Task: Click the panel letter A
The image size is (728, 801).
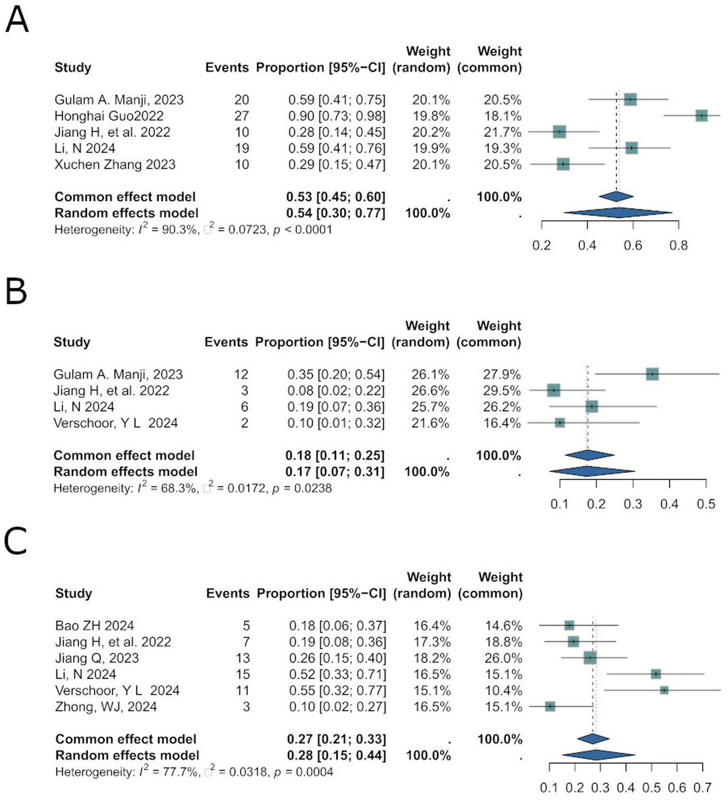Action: click(17, 20)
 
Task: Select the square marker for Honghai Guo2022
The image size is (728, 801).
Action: click(701, 116)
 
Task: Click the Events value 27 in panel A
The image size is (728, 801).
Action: click(241, 116)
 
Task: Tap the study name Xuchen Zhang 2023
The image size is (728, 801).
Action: click(115, 164)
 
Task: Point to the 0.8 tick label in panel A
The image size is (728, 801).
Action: click(678, 246)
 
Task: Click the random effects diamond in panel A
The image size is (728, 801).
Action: click(617, 213)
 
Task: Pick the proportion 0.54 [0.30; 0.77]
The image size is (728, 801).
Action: click(336, 213)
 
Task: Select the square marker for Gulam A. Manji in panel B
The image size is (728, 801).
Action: click(652, 374)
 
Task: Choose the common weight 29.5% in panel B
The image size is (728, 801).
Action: click(502, 391)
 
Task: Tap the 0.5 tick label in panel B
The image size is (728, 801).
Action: click(706, 504)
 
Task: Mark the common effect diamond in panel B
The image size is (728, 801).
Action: click(589, 455)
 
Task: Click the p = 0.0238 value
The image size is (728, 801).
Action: click(302, 488)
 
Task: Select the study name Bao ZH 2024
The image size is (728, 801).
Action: click(94, 626)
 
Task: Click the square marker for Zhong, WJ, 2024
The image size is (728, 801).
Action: click(550, 706)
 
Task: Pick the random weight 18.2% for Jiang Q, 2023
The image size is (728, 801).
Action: click(432, 658)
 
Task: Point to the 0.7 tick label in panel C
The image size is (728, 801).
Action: click(702, 788)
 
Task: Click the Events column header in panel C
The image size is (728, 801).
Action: click(227, 593)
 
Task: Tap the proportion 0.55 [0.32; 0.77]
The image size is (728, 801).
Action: click(338, 691)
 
